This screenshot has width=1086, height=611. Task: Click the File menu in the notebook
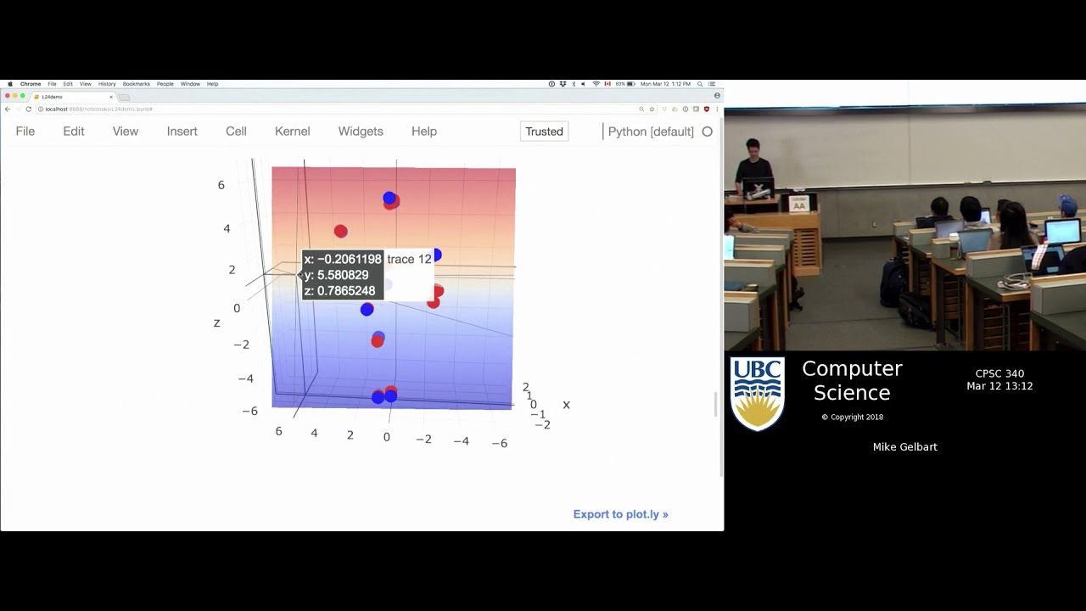pos(25,132)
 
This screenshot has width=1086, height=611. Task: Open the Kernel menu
pos(292,132)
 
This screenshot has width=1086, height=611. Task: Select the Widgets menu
pos(361,132)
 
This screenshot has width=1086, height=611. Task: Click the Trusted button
pos(544,132)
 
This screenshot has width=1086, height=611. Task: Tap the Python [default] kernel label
pos(651,132)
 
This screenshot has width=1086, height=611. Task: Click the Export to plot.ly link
pos(620,514)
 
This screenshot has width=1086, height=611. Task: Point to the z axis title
pos(217,323)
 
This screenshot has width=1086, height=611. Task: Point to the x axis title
pos(566,405)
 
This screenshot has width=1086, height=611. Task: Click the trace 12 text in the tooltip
pos(409,260)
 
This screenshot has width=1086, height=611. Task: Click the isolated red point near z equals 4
pos(340,231)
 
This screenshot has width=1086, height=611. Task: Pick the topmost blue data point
pos(389,198)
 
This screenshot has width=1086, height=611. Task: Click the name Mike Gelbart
pos(904,447)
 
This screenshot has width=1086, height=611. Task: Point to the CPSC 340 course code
pos(999,373)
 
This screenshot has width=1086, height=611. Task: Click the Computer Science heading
pos(852,380)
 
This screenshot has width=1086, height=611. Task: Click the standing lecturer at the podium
pos(753,161)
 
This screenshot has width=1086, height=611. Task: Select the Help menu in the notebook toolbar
pos(424,132)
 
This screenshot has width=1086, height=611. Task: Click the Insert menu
pos(182,132)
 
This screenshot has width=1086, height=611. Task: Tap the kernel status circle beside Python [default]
pos(707,132)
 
